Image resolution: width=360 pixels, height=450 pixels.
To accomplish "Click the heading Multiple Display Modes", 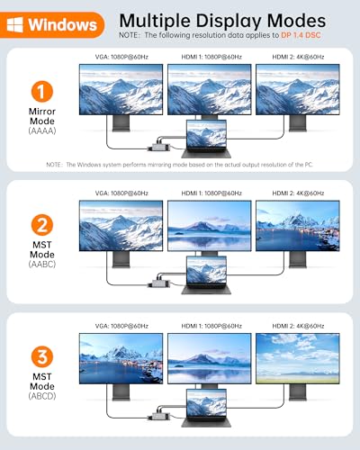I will (x=222, y=19).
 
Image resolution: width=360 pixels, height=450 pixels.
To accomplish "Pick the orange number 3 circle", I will (x=41, y=357).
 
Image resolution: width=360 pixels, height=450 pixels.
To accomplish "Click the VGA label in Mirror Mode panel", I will (x=121, y=58).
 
